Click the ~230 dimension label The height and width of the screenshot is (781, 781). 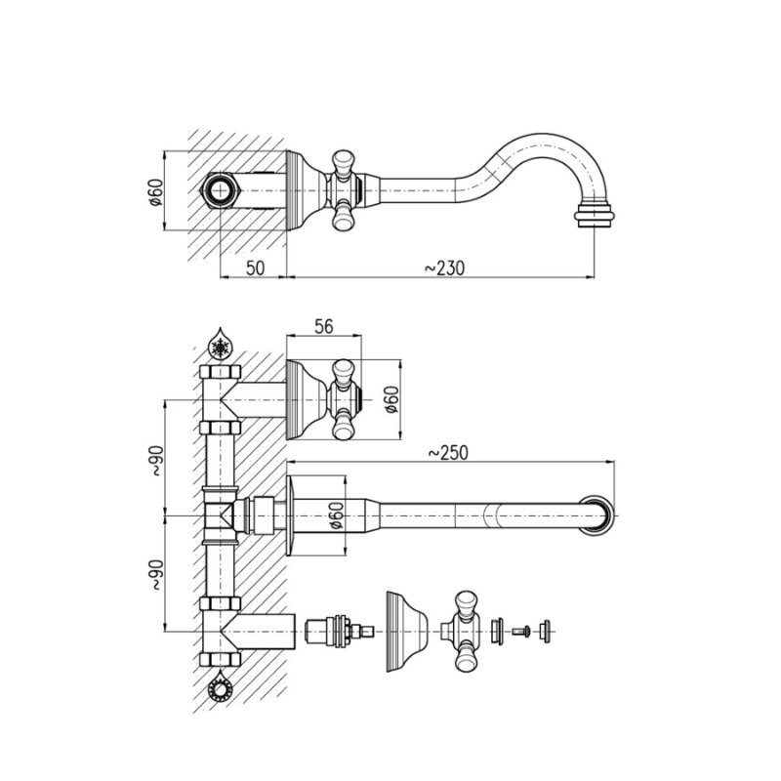[x=444, y=267]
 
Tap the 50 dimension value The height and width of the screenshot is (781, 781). [x=255, y=267]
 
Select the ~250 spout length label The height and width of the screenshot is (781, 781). [x=448, y=453]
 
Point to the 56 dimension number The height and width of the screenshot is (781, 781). [x=324, y=327]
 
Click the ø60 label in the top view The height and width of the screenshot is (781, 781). [x=156, y=191]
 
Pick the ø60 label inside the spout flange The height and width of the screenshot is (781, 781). [x=336, y=515]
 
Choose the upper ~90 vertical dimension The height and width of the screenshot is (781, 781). [x=156, y=460]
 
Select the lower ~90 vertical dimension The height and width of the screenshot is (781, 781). [x=156, y=574]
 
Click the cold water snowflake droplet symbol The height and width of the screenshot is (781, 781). [x=220, y=344]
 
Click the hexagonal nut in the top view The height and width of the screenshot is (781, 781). [x=221, y=191]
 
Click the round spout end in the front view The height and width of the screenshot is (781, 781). [x=596, y=515]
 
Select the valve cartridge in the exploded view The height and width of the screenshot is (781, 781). [x=338, y=632]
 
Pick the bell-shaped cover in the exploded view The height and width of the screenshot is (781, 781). [x=407, y=632]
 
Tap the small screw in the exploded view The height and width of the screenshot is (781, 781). [x=521, y=632]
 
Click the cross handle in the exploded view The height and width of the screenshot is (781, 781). [x=462, y=632]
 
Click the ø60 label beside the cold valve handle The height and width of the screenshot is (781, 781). [x=392, y=399]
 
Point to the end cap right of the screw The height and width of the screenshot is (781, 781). [x=545, y=632]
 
